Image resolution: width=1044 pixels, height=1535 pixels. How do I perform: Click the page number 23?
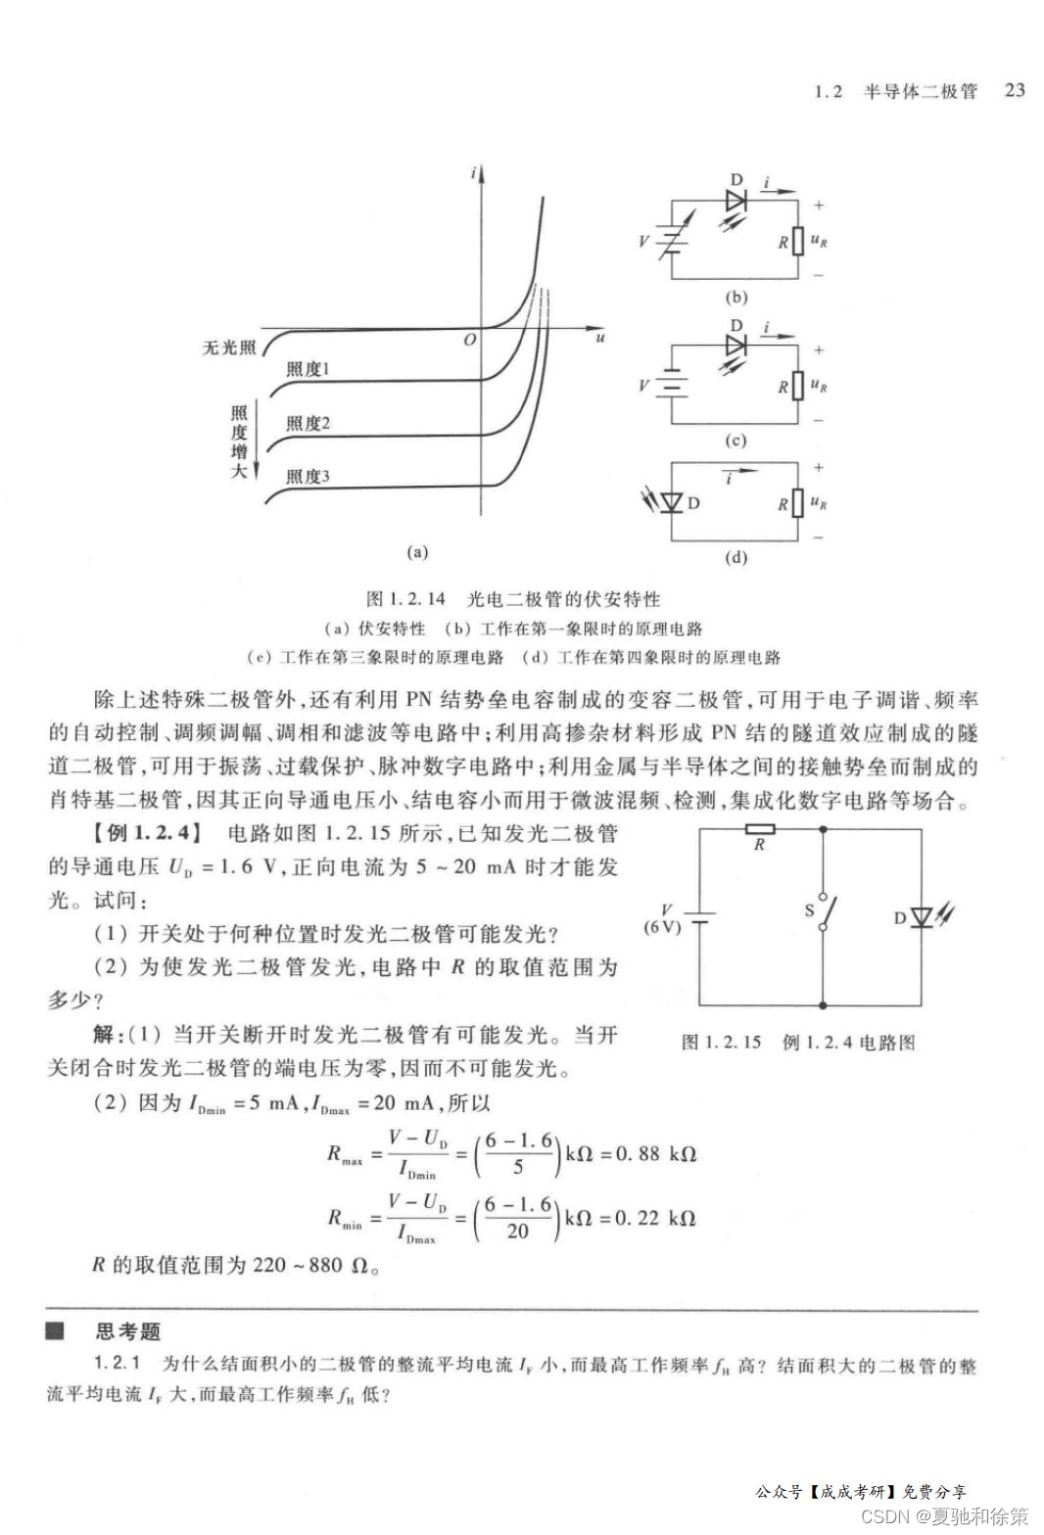coord(1015,90)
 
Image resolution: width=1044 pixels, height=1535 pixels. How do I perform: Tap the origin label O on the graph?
coord(469,340)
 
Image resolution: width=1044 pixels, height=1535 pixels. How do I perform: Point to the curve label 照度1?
coord(308,369)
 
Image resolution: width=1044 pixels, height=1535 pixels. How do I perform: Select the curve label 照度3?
coord(308,477)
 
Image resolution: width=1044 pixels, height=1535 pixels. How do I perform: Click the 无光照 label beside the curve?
coord(228,348)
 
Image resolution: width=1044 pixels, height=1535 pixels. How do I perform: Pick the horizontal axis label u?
coord(599,338)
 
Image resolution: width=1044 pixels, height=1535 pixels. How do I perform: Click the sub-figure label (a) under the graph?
coord(417,552)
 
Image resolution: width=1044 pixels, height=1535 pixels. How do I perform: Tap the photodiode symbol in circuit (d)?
coord(671,502)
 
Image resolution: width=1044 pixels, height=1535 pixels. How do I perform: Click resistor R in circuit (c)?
coord(799,386)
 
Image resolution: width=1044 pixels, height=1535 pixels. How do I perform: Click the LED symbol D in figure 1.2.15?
coord(921,917)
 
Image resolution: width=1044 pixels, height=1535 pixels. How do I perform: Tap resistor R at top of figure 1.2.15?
coord(760,829)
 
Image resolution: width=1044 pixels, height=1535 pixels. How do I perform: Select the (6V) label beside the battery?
coord(662,927)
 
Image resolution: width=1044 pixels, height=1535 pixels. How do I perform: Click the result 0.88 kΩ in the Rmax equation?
coord(655,1154)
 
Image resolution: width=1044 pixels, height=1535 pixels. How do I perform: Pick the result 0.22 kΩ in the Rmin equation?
coord(655,1219)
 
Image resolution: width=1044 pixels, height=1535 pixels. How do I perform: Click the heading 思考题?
coord(127,1331)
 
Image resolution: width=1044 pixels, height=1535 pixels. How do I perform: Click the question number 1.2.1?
coord(119,1365)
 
